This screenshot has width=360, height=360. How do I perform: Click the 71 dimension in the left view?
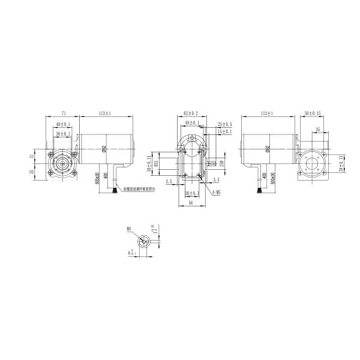point(63,112)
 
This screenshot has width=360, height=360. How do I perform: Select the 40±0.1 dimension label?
point(62,124)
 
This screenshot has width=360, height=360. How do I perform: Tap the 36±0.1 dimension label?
point(62,133)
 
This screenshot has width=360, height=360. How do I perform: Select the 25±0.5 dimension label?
point(224,124)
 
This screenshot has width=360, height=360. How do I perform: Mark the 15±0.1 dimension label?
point(224,131)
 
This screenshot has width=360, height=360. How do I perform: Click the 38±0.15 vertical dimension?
point(341,170)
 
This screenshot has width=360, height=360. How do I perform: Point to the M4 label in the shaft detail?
point(129,229)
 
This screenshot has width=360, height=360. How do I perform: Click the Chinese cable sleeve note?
point(139,189)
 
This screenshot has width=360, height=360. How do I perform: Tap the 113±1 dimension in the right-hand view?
point(267,112)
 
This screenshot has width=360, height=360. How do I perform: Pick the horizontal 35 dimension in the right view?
point(317,128)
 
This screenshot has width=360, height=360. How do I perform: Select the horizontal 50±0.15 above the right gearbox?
point(314,112)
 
